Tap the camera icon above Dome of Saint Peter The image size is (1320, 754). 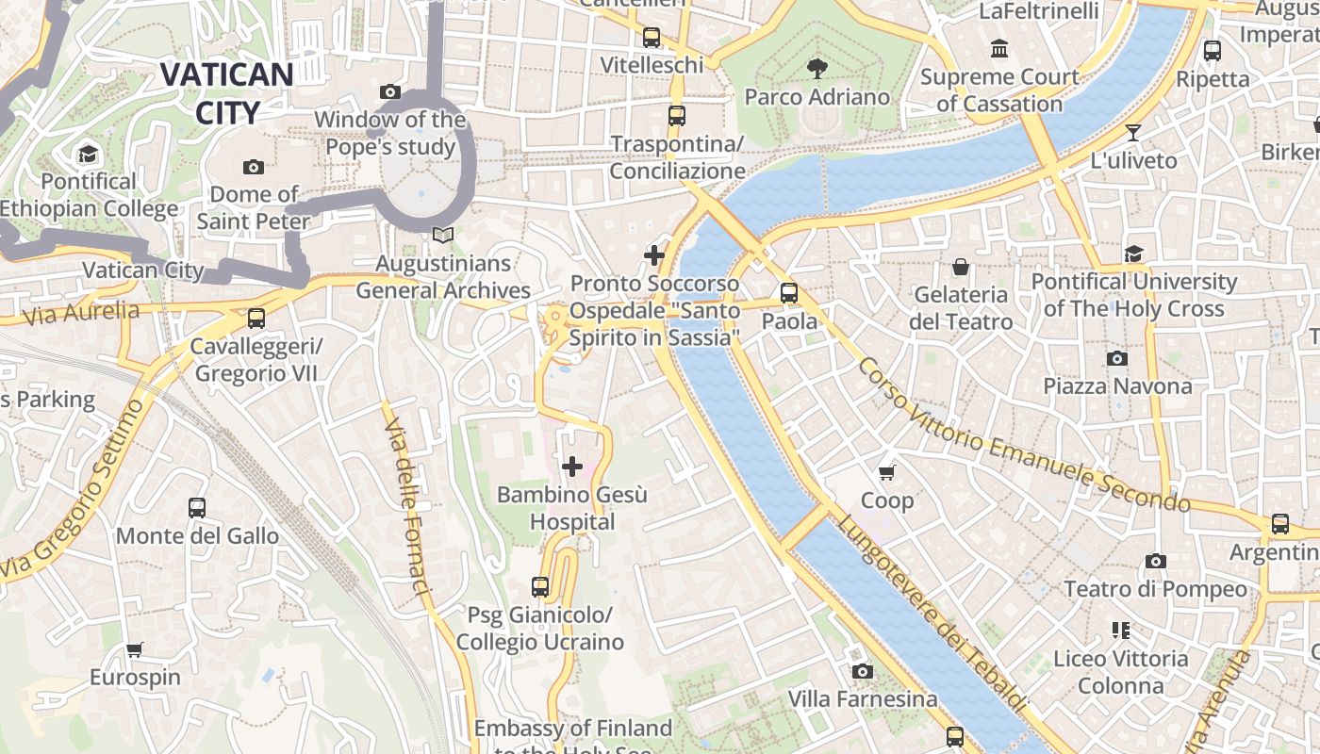pyautogui.click(x=253, y=167)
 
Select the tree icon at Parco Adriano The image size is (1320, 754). pyautogui.click(x=817, y=68)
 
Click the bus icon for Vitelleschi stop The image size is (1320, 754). pyautogui.click(x=652, y=38)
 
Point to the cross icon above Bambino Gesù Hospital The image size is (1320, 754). pyautogui.click(x=571, y=467)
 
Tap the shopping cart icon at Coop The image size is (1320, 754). pyautogui.click(x=886, y=472)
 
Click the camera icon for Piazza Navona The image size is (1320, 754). pyautogui.click(x=1116, y=358)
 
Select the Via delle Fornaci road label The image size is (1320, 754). pyautogui.click(x=407, y=507)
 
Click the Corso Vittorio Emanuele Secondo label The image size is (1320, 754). pyautogui.click(x=1023, y=435)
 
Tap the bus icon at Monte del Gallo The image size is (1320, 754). pyautogui.click(x=196, y=508)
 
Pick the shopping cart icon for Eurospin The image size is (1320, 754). pyautogui.click(x=135, y=649)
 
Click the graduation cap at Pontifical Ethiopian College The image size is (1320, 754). pyautogui.click(x=88, y=154)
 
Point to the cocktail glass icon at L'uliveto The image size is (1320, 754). pyautogui.click(x=1132, y=133)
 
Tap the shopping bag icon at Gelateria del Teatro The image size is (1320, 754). pyautogui.click(x=960, y=268)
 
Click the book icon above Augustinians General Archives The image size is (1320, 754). pyautogui.click(x=442, y=236)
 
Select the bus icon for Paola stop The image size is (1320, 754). pyautogui.click(x=789, y=293)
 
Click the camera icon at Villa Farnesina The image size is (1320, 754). pyautogui.click(x=862, y=671)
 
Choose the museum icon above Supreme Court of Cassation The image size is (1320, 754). pyautogui.click(x=998, y=48)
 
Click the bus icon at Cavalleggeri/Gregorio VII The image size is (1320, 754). pyautogui.click(x=256, y=319)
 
